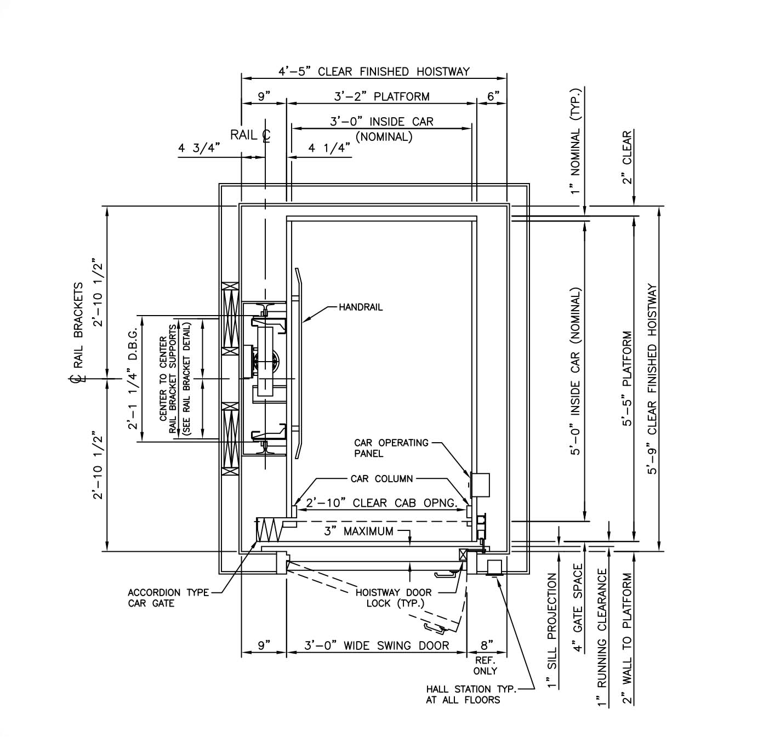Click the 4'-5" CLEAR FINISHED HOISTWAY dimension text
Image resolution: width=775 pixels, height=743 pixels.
374,72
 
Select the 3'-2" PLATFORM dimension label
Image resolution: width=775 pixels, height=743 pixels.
381,97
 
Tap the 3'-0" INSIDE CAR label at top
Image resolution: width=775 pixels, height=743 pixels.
381,122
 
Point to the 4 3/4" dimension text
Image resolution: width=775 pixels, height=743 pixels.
199,148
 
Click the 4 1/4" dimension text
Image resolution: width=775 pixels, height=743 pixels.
329,148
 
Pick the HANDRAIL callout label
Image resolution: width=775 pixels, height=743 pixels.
361,307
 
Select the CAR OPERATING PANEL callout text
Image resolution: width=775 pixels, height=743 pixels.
391,448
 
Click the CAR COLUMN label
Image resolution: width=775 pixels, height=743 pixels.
381,479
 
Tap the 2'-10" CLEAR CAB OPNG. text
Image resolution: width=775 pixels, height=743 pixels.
381,503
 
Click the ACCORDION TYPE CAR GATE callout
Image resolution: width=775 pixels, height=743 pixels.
168,598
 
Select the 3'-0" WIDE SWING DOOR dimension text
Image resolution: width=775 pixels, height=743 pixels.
377,646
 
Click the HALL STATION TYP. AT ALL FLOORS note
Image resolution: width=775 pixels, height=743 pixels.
471,694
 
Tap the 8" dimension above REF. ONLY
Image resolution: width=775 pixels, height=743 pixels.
487,645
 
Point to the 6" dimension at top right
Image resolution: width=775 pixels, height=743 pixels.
493,97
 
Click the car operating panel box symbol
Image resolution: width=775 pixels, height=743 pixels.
481,485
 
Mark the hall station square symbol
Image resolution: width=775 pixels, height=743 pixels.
495,566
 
